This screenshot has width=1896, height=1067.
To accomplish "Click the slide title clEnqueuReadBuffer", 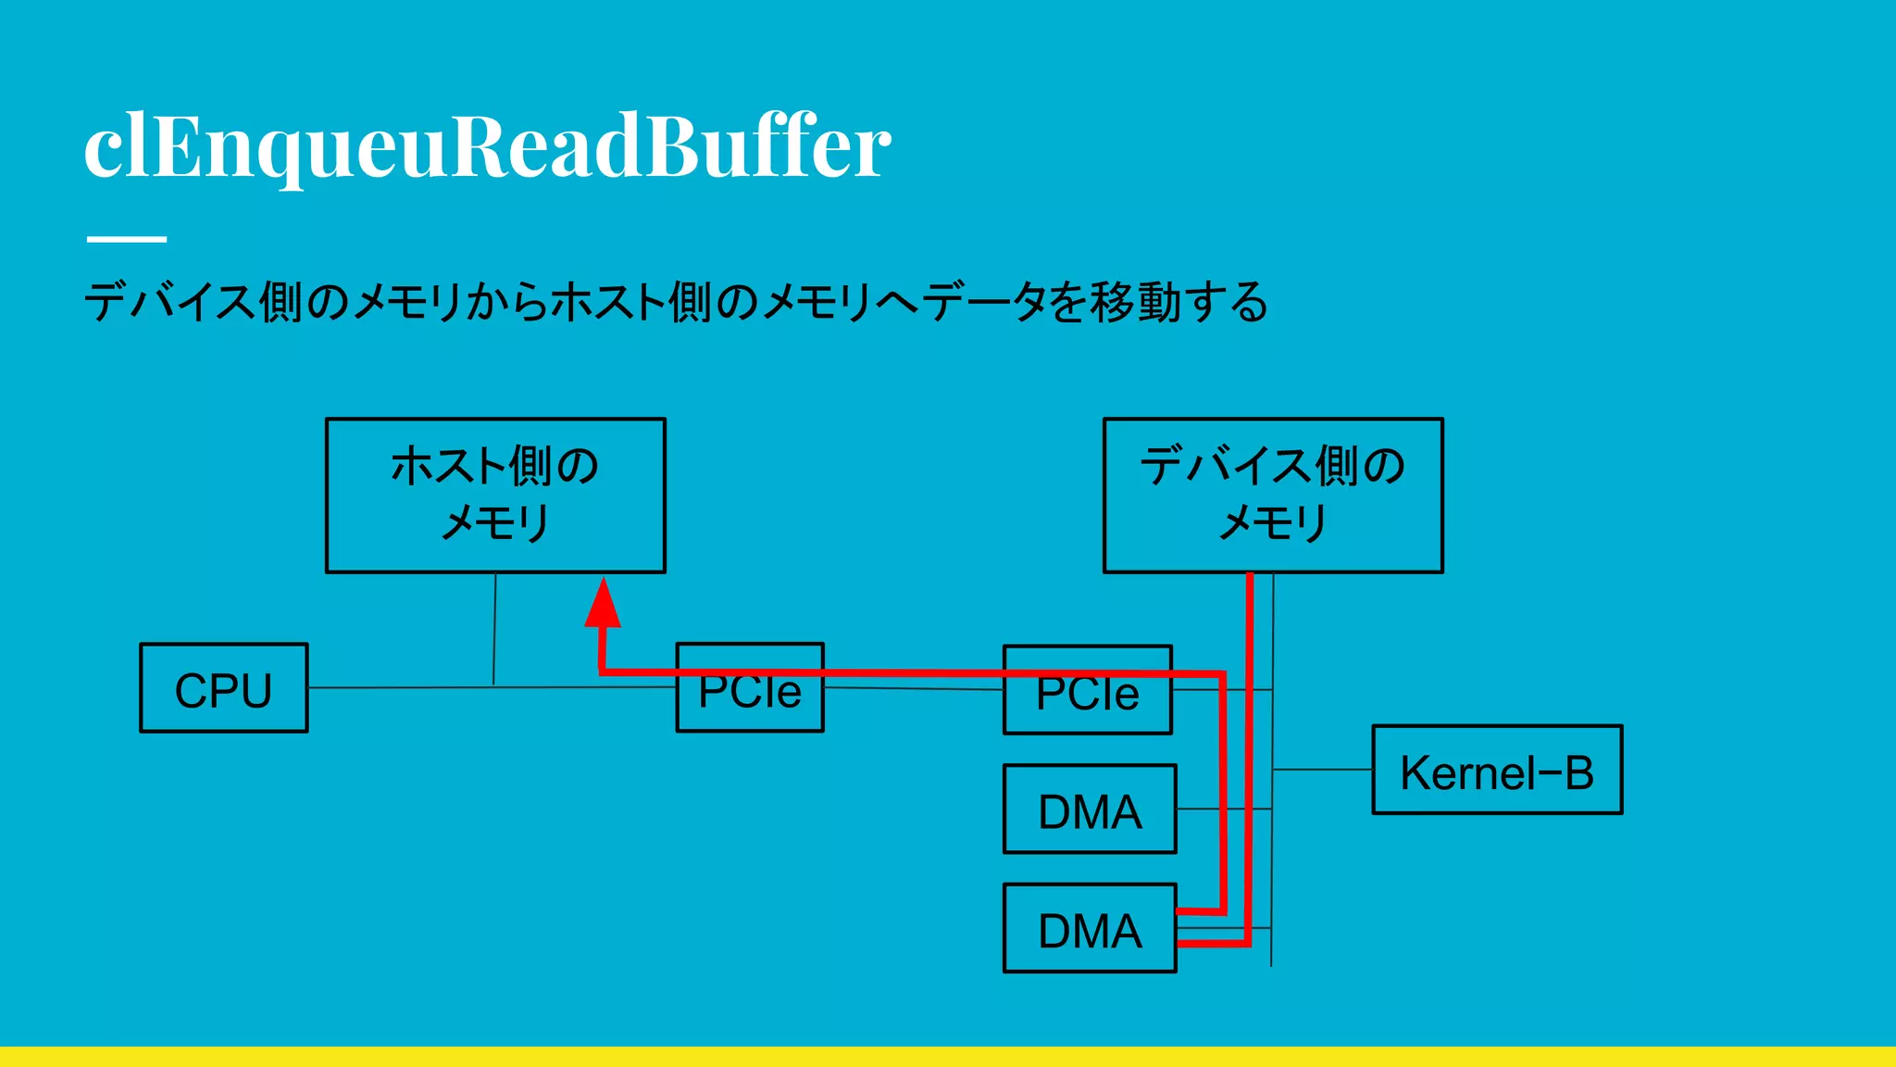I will click(487, 146).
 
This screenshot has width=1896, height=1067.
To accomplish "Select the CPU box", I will click(224, 688).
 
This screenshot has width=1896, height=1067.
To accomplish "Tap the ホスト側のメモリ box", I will click(495, 496).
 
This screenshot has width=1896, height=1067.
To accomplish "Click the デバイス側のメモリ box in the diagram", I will click(1273, 496).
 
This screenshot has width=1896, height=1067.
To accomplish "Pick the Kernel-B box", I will click(1497, 771).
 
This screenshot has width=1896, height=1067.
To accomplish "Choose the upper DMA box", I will click(1090, 810).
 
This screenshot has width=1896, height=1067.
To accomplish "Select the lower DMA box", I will click(1090, 929).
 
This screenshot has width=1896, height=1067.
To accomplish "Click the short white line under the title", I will click(127, 239).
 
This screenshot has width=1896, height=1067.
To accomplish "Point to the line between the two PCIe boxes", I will click(912, 688).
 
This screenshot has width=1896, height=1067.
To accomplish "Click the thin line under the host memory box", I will click(494, 630).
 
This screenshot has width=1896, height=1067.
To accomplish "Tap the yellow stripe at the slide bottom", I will click(948, 1057).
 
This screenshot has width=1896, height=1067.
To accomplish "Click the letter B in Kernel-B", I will click(1578, 772).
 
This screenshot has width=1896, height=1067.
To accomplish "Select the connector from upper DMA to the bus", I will click(1199, 810).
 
